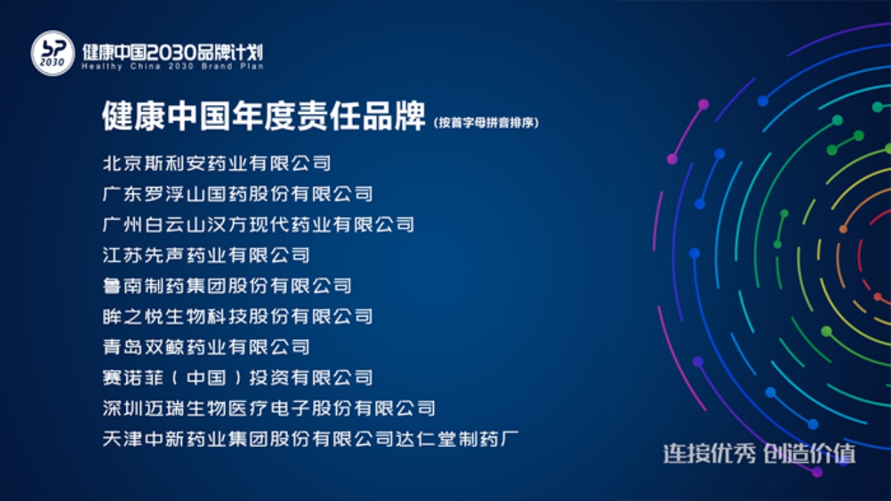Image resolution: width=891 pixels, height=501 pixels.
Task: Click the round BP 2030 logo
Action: tap(53, 53)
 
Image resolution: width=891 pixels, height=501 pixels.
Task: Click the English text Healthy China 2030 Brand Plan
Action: tap(173, 66)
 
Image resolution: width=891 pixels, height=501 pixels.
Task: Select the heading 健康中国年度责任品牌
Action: tap(264, 116)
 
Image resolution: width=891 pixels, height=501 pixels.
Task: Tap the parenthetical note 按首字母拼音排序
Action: tap(486, 122)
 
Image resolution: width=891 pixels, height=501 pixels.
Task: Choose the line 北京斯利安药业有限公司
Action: tap(217, 163)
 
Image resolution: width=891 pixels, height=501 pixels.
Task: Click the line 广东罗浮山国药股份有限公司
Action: tap(238, 193)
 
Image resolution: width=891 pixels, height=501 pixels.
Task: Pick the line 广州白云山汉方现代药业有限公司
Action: tap(258, 225)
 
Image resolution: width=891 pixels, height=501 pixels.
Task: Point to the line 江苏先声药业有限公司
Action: tap(206, 255)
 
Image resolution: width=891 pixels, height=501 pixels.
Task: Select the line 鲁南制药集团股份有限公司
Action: tap(227, 285)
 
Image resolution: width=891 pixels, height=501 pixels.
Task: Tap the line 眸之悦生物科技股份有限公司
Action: tap(238, 316)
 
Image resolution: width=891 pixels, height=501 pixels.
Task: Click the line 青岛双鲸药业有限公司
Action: tap(206, 347)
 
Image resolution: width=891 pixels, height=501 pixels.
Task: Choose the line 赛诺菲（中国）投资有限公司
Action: tap(238, 377)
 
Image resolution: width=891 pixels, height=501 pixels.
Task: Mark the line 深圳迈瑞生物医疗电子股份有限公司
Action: tap(269, 408)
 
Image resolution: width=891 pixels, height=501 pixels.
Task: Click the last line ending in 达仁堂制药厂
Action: tap(311, 439)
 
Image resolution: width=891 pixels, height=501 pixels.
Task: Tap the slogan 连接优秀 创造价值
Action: tap(759, 453)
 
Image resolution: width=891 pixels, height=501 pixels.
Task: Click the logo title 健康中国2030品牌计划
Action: tap(173, 52)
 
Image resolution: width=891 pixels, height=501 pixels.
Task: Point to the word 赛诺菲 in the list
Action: tap(133, 377)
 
